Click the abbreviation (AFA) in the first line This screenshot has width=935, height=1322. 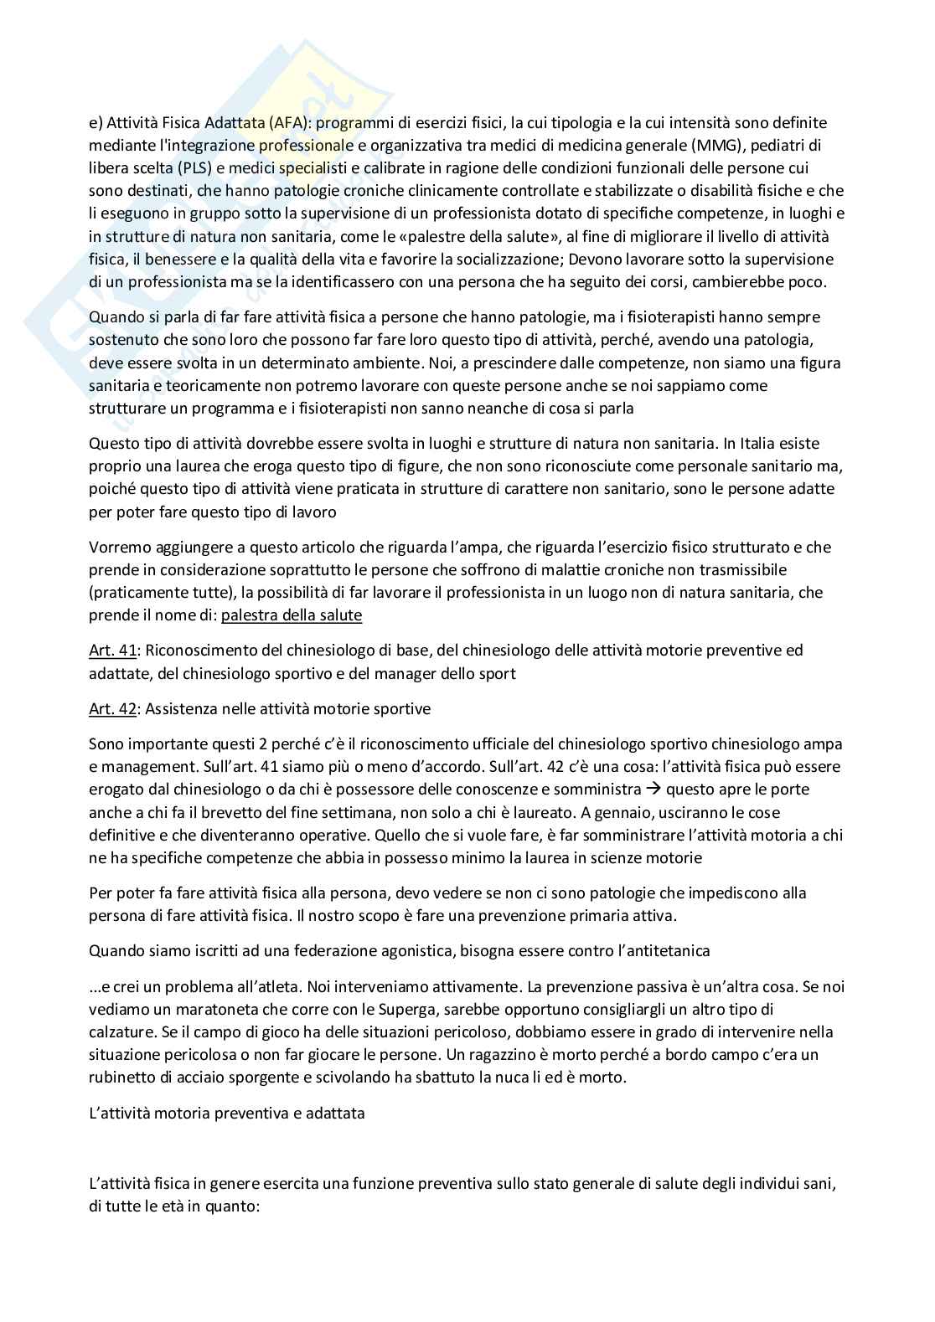tap(290, 122)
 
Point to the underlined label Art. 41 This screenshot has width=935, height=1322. tap(112, 650)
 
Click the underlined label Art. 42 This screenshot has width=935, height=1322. tap(112, 708)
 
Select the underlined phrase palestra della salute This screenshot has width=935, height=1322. tap(292, 615)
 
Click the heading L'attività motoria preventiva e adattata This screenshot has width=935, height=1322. tap(226, 1114)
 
